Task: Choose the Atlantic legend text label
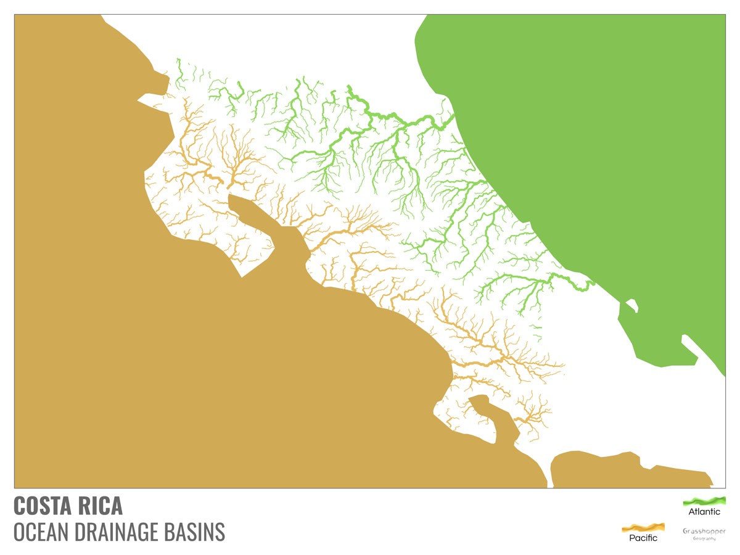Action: pyautogui.click(x=704, y=512)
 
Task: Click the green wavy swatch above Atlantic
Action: pyautogui.click(x=704, y=501)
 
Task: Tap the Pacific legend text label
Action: pyautogui.click(x=643, y=538)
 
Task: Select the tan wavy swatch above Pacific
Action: pyautogui.click(x=643, y=527)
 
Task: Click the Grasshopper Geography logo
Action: pyautogui.click(x=704, y=533)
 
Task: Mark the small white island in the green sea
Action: pyautogui.click(x=631, y=305)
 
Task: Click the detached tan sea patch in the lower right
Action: pyautogui.click(x=623, y=472)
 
